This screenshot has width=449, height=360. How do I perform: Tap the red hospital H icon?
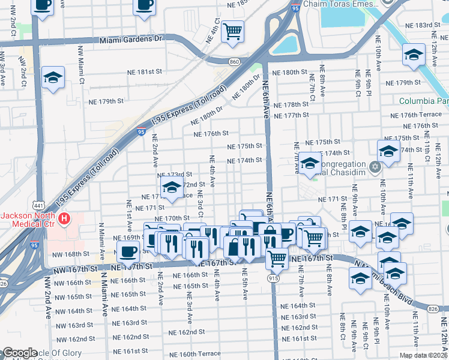(x=64, y=220)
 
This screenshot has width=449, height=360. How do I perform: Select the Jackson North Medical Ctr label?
(x=27, y=220)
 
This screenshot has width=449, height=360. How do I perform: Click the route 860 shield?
(x=235, y=62)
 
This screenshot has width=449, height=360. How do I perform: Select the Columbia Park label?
(x=423, y=101)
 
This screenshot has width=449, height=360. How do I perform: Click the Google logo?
(x=20, y=353)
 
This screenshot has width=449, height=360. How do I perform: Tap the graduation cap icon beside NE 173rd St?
(x=172, y=188)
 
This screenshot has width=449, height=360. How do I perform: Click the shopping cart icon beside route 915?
(x=277, y=258)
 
